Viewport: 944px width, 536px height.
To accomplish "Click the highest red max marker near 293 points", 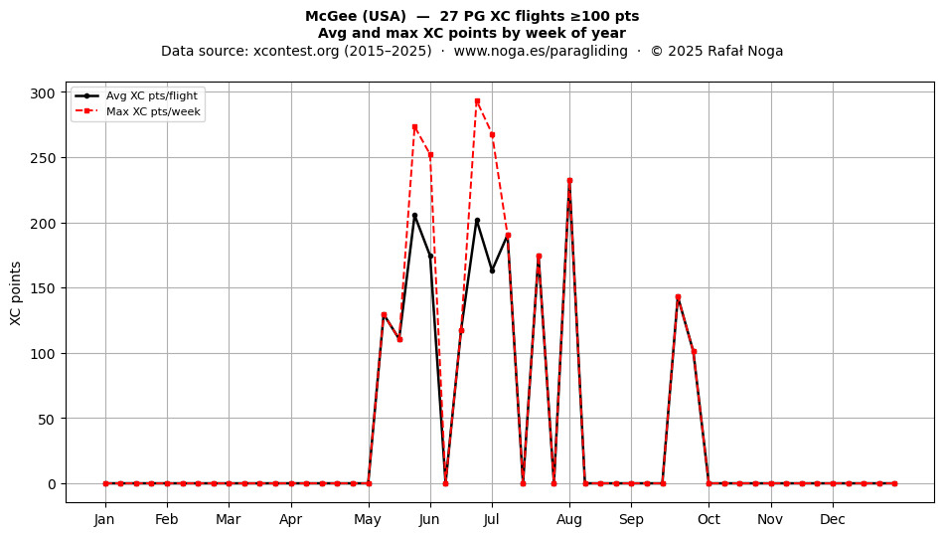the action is (x=477, y=101).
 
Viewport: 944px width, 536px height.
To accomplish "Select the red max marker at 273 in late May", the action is (x=414, y=127).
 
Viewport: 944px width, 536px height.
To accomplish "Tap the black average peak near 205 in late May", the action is (x=414, y=216).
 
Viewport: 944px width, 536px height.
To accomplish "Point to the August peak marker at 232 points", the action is (x=569, y=181).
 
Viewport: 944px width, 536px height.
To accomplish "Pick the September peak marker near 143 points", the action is (x=678, y=297).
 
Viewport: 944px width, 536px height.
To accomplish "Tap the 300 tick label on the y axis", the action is (x=43, y=92).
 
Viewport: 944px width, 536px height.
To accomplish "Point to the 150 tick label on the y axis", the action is (x=43, y=288).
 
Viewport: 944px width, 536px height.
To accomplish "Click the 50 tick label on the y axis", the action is (x=47, y=420).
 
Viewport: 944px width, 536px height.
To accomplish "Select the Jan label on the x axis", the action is (x=104, y=519).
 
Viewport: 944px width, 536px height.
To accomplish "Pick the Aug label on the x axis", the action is (x=569, y=519).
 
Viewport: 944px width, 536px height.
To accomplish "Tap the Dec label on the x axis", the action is (x=834, y=519).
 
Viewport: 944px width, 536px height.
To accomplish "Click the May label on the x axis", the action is (x=368, y=520).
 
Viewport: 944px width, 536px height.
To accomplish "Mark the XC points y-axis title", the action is (x=16, y=293).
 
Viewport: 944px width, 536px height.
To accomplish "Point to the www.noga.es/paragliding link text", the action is (x=541, y=51).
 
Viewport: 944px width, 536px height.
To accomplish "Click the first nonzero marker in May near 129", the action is (x=384, y=315).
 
